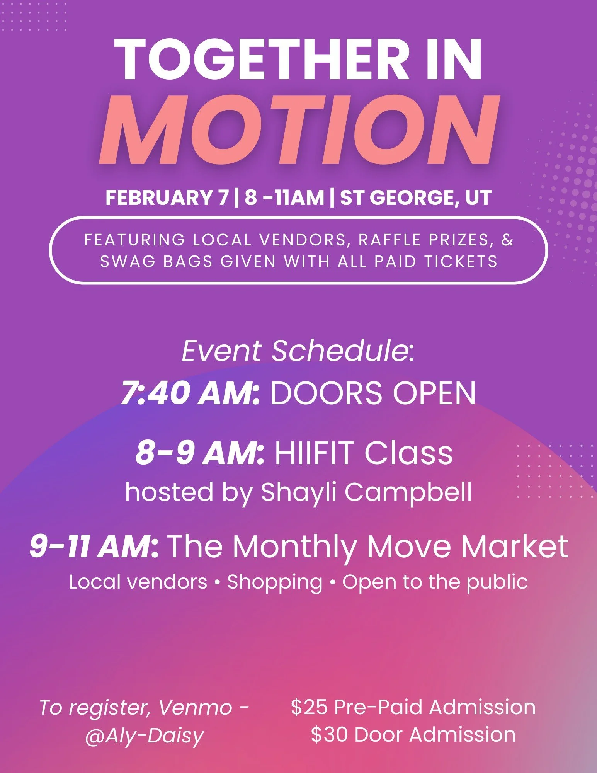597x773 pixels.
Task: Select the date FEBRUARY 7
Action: (x=167, y=198)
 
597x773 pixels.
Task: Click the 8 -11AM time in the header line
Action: (x=284, y=198)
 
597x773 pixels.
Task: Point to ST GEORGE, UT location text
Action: (x=415, y=198)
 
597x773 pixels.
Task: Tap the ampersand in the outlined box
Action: (x=507, y=240)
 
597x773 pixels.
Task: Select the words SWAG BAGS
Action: (x=156, y=262)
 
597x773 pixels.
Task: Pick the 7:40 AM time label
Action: (x=190, y=393)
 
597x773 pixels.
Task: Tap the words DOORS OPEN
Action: (x=373, y=393)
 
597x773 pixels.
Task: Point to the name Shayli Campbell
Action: (x=366, y=492)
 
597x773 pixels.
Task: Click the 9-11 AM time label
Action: (x=94, y=547)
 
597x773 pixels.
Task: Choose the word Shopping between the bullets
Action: (x=275, y=582)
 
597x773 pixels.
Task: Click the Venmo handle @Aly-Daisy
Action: (x=144, y=735)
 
